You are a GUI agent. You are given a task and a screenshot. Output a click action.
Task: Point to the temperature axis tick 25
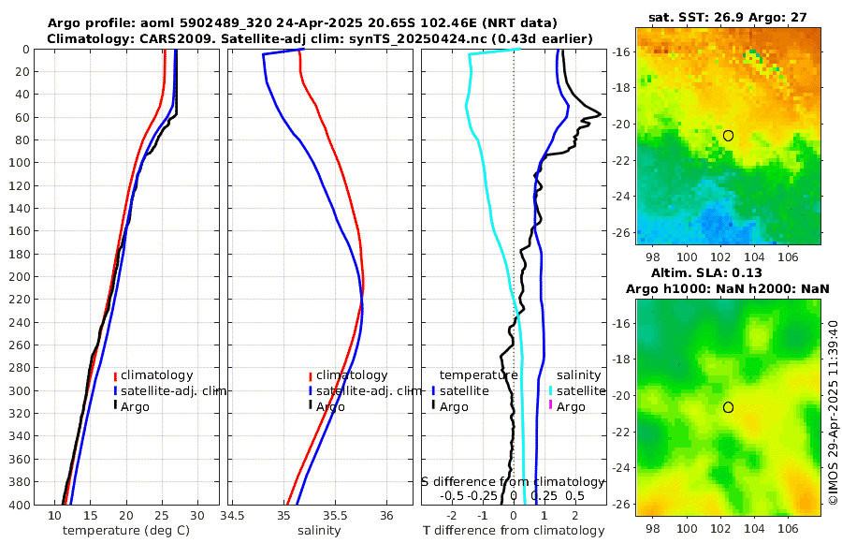click(x=162, y=516)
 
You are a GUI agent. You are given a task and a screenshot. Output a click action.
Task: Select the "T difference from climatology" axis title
click(x=513, y=531)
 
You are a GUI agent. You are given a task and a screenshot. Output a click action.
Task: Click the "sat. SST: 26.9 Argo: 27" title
click(x=727, y=17)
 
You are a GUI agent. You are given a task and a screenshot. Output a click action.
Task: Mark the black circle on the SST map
click(x=728, y=136)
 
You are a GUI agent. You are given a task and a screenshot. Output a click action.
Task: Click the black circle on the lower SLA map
click(x=728, y=407)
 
